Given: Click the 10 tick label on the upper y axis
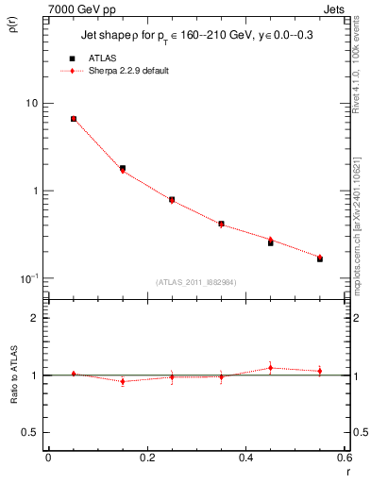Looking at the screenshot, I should coord(33,103).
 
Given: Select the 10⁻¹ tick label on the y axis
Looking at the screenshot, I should coord(30,279).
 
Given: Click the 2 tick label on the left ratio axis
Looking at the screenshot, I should coord(35,318).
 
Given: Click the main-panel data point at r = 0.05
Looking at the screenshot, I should coord(74,119).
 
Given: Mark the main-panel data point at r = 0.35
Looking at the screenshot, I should coord(221,224).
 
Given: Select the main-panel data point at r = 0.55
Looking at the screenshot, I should coord(319,258).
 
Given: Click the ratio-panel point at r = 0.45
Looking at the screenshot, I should coord(270,368).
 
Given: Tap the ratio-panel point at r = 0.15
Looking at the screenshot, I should coord(123,381).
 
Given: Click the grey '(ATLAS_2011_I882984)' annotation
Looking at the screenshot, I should coord(194,282).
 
